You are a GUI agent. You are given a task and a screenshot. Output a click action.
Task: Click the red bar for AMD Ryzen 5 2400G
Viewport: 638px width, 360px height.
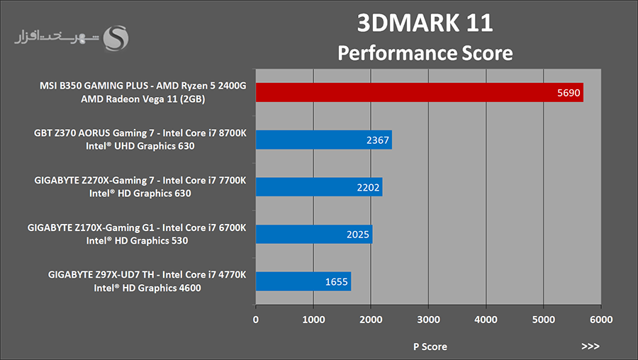click(418, 92)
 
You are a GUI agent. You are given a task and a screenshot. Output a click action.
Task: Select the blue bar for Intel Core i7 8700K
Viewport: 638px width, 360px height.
click(323, 140)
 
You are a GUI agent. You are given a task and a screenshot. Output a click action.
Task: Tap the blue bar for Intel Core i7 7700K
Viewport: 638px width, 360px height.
click(318, 187)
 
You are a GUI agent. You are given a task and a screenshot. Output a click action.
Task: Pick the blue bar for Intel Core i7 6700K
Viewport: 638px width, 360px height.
click(313, 235)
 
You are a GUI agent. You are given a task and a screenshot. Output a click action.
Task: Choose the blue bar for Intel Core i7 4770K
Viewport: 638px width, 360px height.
click(303, 281)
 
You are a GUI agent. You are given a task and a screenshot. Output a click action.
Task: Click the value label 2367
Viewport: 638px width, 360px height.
click(378, 140)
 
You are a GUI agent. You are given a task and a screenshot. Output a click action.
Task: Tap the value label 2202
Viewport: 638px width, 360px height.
click(369, 188)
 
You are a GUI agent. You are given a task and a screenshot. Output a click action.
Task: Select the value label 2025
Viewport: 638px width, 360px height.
click(358, 235)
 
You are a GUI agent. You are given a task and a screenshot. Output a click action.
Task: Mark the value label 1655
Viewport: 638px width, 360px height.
click(337, 282)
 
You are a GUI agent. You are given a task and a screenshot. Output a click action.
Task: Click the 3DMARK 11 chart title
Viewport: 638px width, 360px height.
click(425, 23)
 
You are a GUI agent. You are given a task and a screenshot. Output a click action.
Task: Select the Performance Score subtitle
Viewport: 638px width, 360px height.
click(425, 52)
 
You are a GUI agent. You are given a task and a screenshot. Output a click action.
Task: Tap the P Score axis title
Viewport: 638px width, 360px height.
click(430, 347)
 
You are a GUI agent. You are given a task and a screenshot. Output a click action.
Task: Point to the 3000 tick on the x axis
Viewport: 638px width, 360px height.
click(428, 320)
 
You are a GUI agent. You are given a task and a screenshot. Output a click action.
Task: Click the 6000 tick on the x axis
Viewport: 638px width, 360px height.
click(600, 320)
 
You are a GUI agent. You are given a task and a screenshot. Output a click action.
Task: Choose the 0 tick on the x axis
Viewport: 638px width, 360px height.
click(256, 320)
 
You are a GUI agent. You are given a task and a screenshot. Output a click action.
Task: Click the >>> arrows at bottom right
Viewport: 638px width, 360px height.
click(590, 347)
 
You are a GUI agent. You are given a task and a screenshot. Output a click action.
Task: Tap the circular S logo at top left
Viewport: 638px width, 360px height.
click(116, 38)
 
